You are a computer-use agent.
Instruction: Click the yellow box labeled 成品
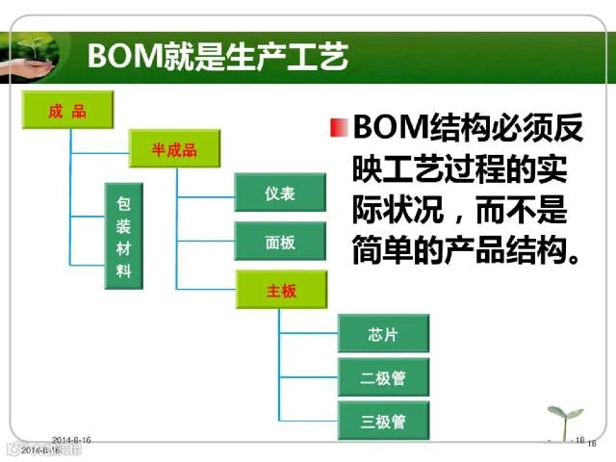coord(67,111)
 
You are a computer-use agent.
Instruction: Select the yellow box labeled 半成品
coord(174,149)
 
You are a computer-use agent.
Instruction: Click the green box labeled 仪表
coord(280,192)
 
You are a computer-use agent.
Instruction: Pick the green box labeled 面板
coord(280,242)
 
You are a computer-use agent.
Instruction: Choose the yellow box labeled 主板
coord(280,290)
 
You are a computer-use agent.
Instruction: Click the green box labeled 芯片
coord(383,334)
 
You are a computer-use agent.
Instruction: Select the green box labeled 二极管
coord(383,377)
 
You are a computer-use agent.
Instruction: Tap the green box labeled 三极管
coord(383,422)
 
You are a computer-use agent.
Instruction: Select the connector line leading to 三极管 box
coord(308,421)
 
